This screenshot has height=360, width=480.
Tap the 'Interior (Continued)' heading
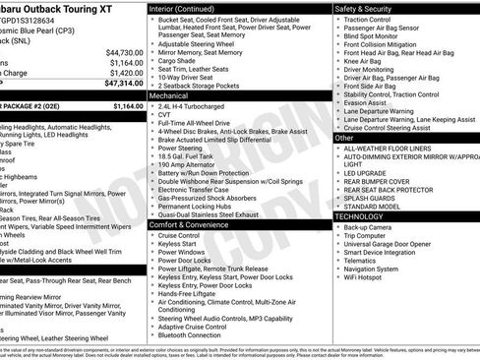[x=182, y=8]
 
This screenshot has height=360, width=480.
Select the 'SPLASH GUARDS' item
[x=370, y=194]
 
